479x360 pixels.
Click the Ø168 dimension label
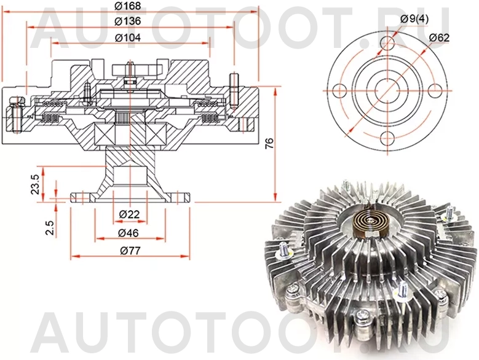pyautogui.click(x=128, y=6)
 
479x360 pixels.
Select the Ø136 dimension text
pyautogui.click(x=128, y=22)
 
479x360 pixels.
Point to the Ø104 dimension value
pyautogui.click(x=128, y=37)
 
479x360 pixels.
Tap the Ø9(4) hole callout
pyautogui.click(x=414, y=18)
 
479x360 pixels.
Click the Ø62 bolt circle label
pyautogui.click(x=439, y=37)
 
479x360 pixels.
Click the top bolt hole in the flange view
pyautogui.click(x=387, y=43)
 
